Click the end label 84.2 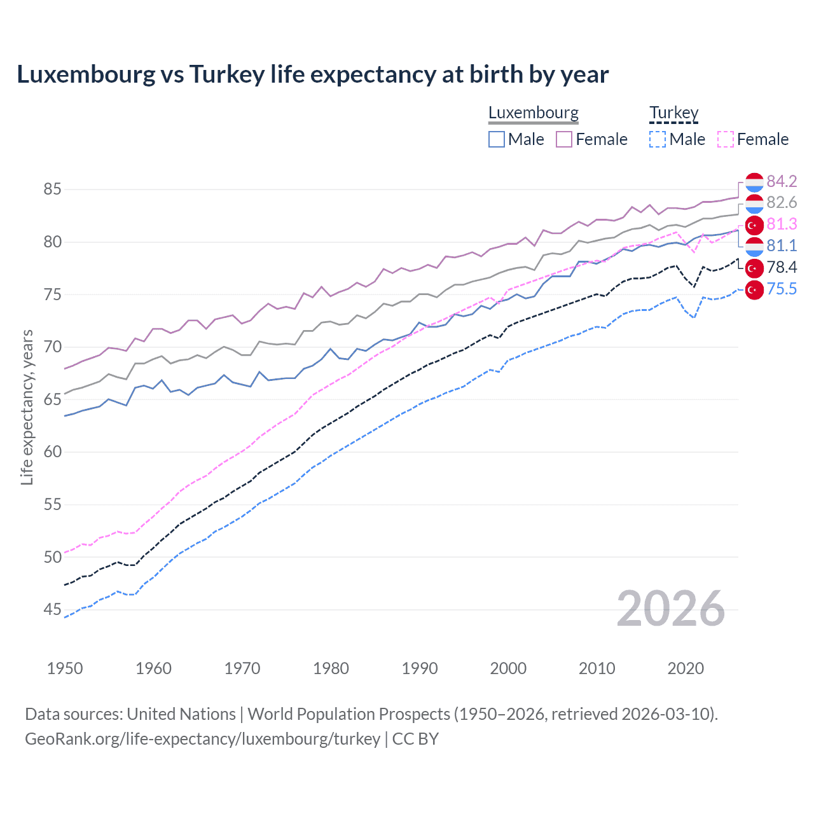point(782,182)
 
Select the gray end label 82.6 point(782,203)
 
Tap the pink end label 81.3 point(782,224)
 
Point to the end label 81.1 point(782,246)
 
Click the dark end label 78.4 point(782,268)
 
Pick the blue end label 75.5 point(782,289)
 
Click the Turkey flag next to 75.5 point(754,290)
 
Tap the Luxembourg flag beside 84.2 point(754,183)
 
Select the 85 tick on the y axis point(53,190)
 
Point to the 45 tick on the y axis point(53,610)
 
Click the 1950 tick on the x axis point(65,668)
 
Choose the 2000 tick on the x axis point(508,668)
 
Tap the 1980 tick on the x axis point(331,668)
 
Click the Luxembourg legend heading point(534,113)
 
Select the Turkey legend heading point(673,113)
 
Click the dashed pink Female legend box point(725,139)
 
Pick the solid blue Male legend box point(497,139)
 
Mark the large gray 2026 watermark point(671,609)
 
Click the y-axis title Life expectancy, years point(27,407)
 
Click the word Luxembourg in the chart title point(86,75)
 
